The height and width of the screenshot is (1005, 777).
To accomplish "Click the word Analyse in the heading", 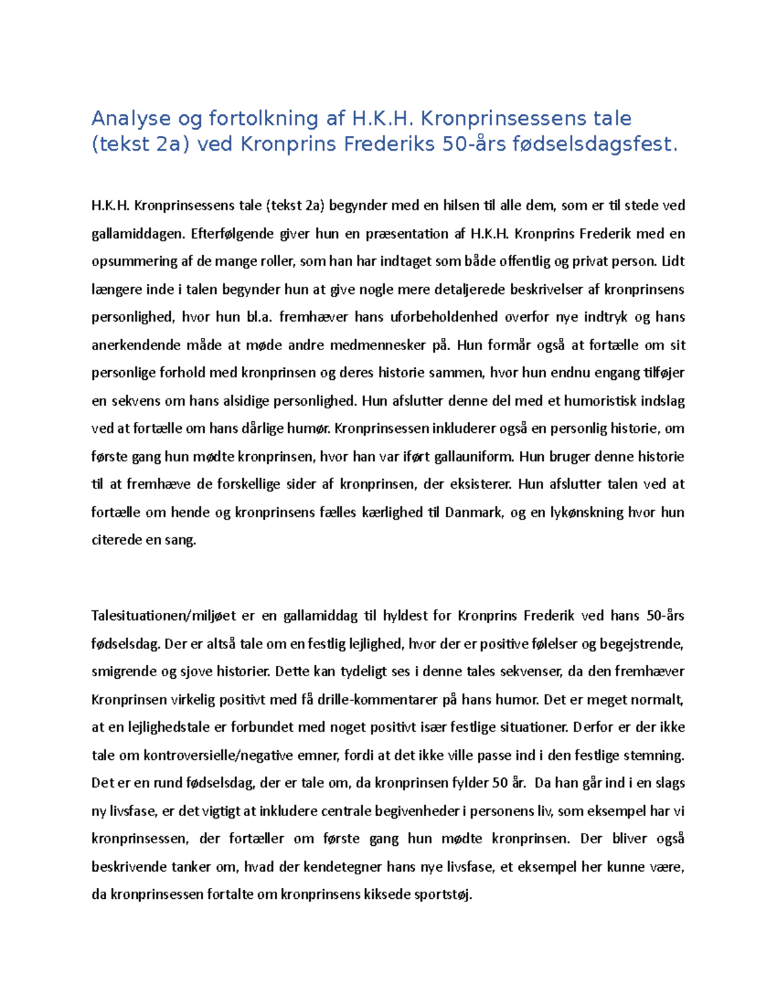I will (131, 118).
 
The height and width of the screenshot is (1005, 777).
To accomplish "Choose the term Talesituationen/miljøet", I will (164, 616).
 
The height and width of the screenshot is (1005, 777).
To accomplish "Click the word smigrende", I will (124, 672).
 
